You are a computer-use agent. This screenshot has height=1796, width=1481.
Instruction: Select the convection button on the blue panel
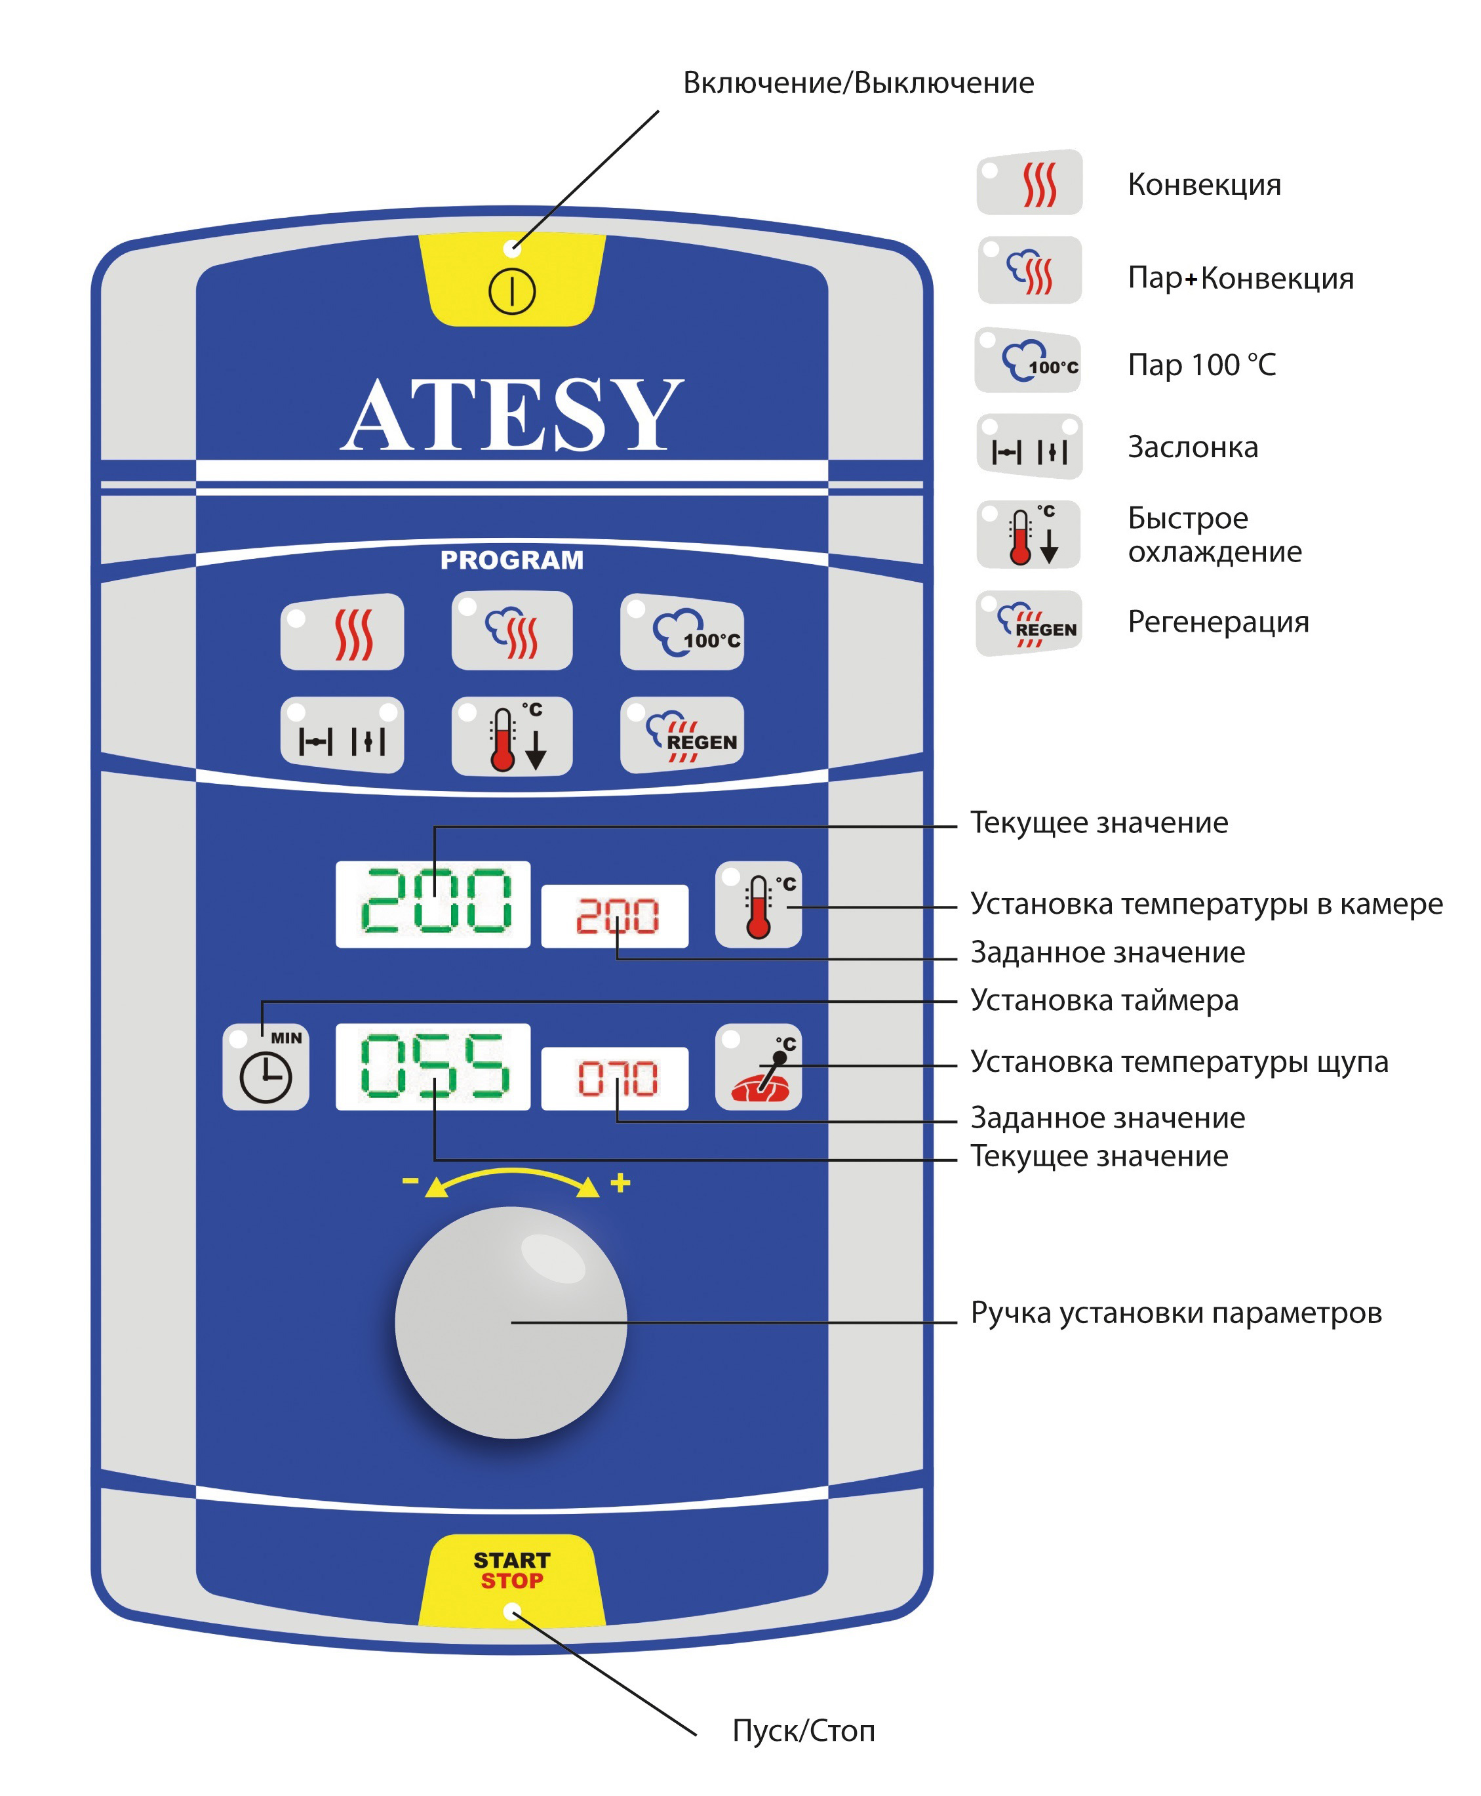[x=342, y=631]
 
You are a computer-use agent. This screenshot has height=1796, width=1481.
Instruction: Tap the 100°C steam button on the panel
[x=682, y=631]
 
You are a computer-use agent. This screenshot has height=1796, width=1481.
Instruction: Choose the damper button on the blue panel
[x=342, y=735]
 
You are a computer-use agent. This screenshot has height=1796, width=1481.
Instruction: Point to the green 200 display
[x=433, y=904]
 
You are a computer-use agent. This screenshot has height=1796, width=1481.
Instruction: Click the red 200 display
[x=615, y=916]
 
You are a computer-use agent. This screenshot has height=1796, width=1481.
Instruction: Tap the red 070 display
[x=615, y=1078]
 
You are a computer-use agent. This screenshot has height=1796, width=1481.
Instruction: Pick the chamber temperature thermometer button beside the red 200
[x=759, y=904]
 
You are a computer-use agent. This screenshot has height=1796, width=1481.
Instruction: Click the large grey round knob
[x=511, y=1322]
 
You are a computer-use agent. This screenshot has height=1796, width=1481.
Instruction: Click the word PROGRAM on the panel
[x=512, y=560]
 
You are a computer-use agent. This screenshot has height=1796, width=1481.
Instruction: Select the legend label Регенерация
[x=1218, y=621]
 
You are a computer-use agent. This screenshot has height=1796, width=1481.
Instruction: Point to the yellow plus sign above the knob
[x=620, y=1182]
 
